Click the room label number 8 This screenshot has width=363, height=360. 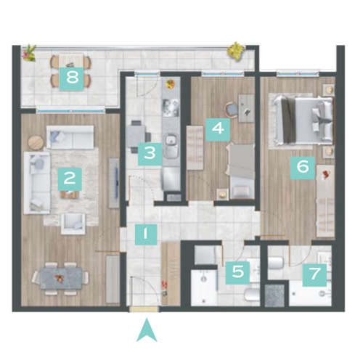[x=72, y=78]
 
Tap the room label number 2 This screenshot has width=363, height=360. [x=70, y=179]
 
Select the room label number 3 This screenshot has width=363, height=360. [x=150, y=154]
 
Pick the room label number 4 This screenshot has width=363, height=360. [x=218, y=129]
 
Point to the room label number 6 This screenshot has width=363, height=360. [x=303, y=168]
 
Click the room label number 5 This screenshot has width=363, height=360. [x=237, y=272]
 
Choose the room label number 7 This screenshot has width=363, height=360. [x=314, y=275]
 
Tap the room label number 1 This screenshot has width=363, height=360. [x=146, y=234]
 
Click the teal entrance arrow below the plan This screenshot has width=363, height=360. [x=147, y=330]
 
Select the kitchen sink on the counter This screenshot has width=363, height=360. [x=171, y=145]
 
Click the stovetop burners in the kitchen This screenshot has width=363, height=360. [x=171, y=107]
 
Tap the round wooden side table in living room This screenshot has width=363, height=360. [x=36, y=143]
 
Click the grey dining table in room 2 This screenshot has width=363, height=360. [x=61, y=279]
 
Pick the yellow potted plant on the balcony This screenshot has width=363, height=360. [x=236, y=50]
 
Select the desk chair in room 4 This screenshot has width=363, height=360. [x=232, y=110]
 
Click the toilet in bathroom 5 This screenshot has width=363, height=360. [x=252, y=295]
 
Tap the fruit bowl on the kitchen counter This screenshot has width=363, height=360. [x=171, y=84]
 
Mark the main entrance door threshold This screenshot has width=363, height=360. [x=144, y=309]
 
